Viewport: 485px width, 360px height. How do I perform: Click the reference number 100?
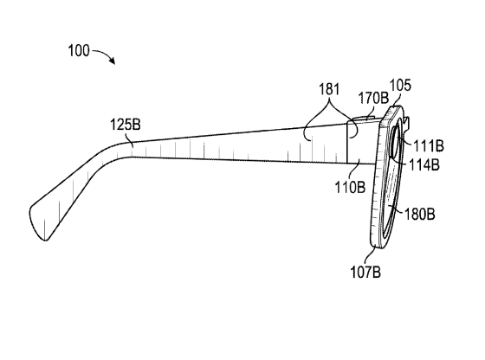pos(79,50)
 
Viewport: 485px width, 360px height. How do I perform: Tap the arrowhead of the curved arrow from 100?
pos(112,61)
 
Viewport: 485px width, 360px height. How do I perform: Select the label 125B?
pos(126,125)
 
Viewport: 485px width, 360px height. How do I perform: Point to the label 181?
pos(329,89)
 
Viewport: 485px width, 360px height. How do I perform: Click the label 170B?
pos(373,98)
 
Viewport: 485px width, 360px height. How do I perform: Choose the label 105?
pos(400,85)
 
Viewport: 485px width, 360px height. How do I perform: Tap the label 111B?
pos(429,145)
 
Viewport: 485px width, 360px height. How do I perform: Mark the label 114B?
pos(424,164)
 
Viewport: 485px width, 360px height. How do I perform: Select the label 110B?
pos(350,187)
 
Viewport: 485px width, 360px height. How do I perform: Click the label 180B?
pos(420,214)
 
